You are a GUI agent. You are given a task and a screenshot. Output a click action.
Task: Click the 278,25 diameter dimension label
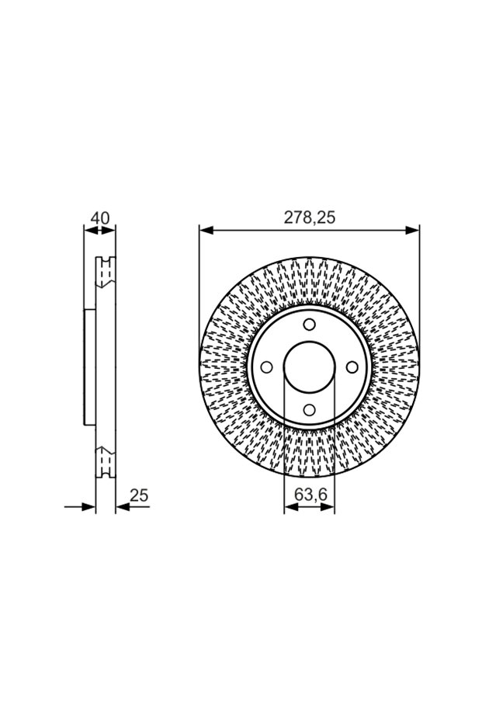tap(309, 217)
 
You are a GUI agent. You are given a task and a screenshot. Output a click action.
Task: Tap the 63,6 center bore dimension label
tap(310, 494)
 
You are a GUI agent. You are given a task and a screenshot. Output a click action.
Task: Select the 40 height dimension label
tap(100, 217)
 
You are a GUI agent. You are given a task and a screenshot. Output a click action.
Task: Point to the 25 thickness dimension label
tap(139, 495)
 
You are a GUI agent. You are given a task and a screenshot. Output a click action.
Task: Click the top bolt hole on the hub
tap(309, 324)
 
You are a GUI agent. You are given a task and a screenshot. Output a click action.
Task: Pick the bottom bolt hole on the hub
tap(309, 410)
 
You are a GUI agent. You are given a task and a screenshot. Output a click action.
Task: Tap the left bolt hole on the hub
tap(266, 367)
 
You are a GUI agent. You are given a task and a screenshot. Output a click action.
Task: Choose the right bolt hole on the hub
tap(352, 367)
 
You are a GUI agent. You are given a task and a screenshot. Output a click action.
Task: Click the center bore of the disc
tap(309, 367)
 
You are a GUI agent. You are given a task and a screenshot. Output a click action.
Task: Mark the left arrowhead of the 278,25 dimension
tap(206, 230)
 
